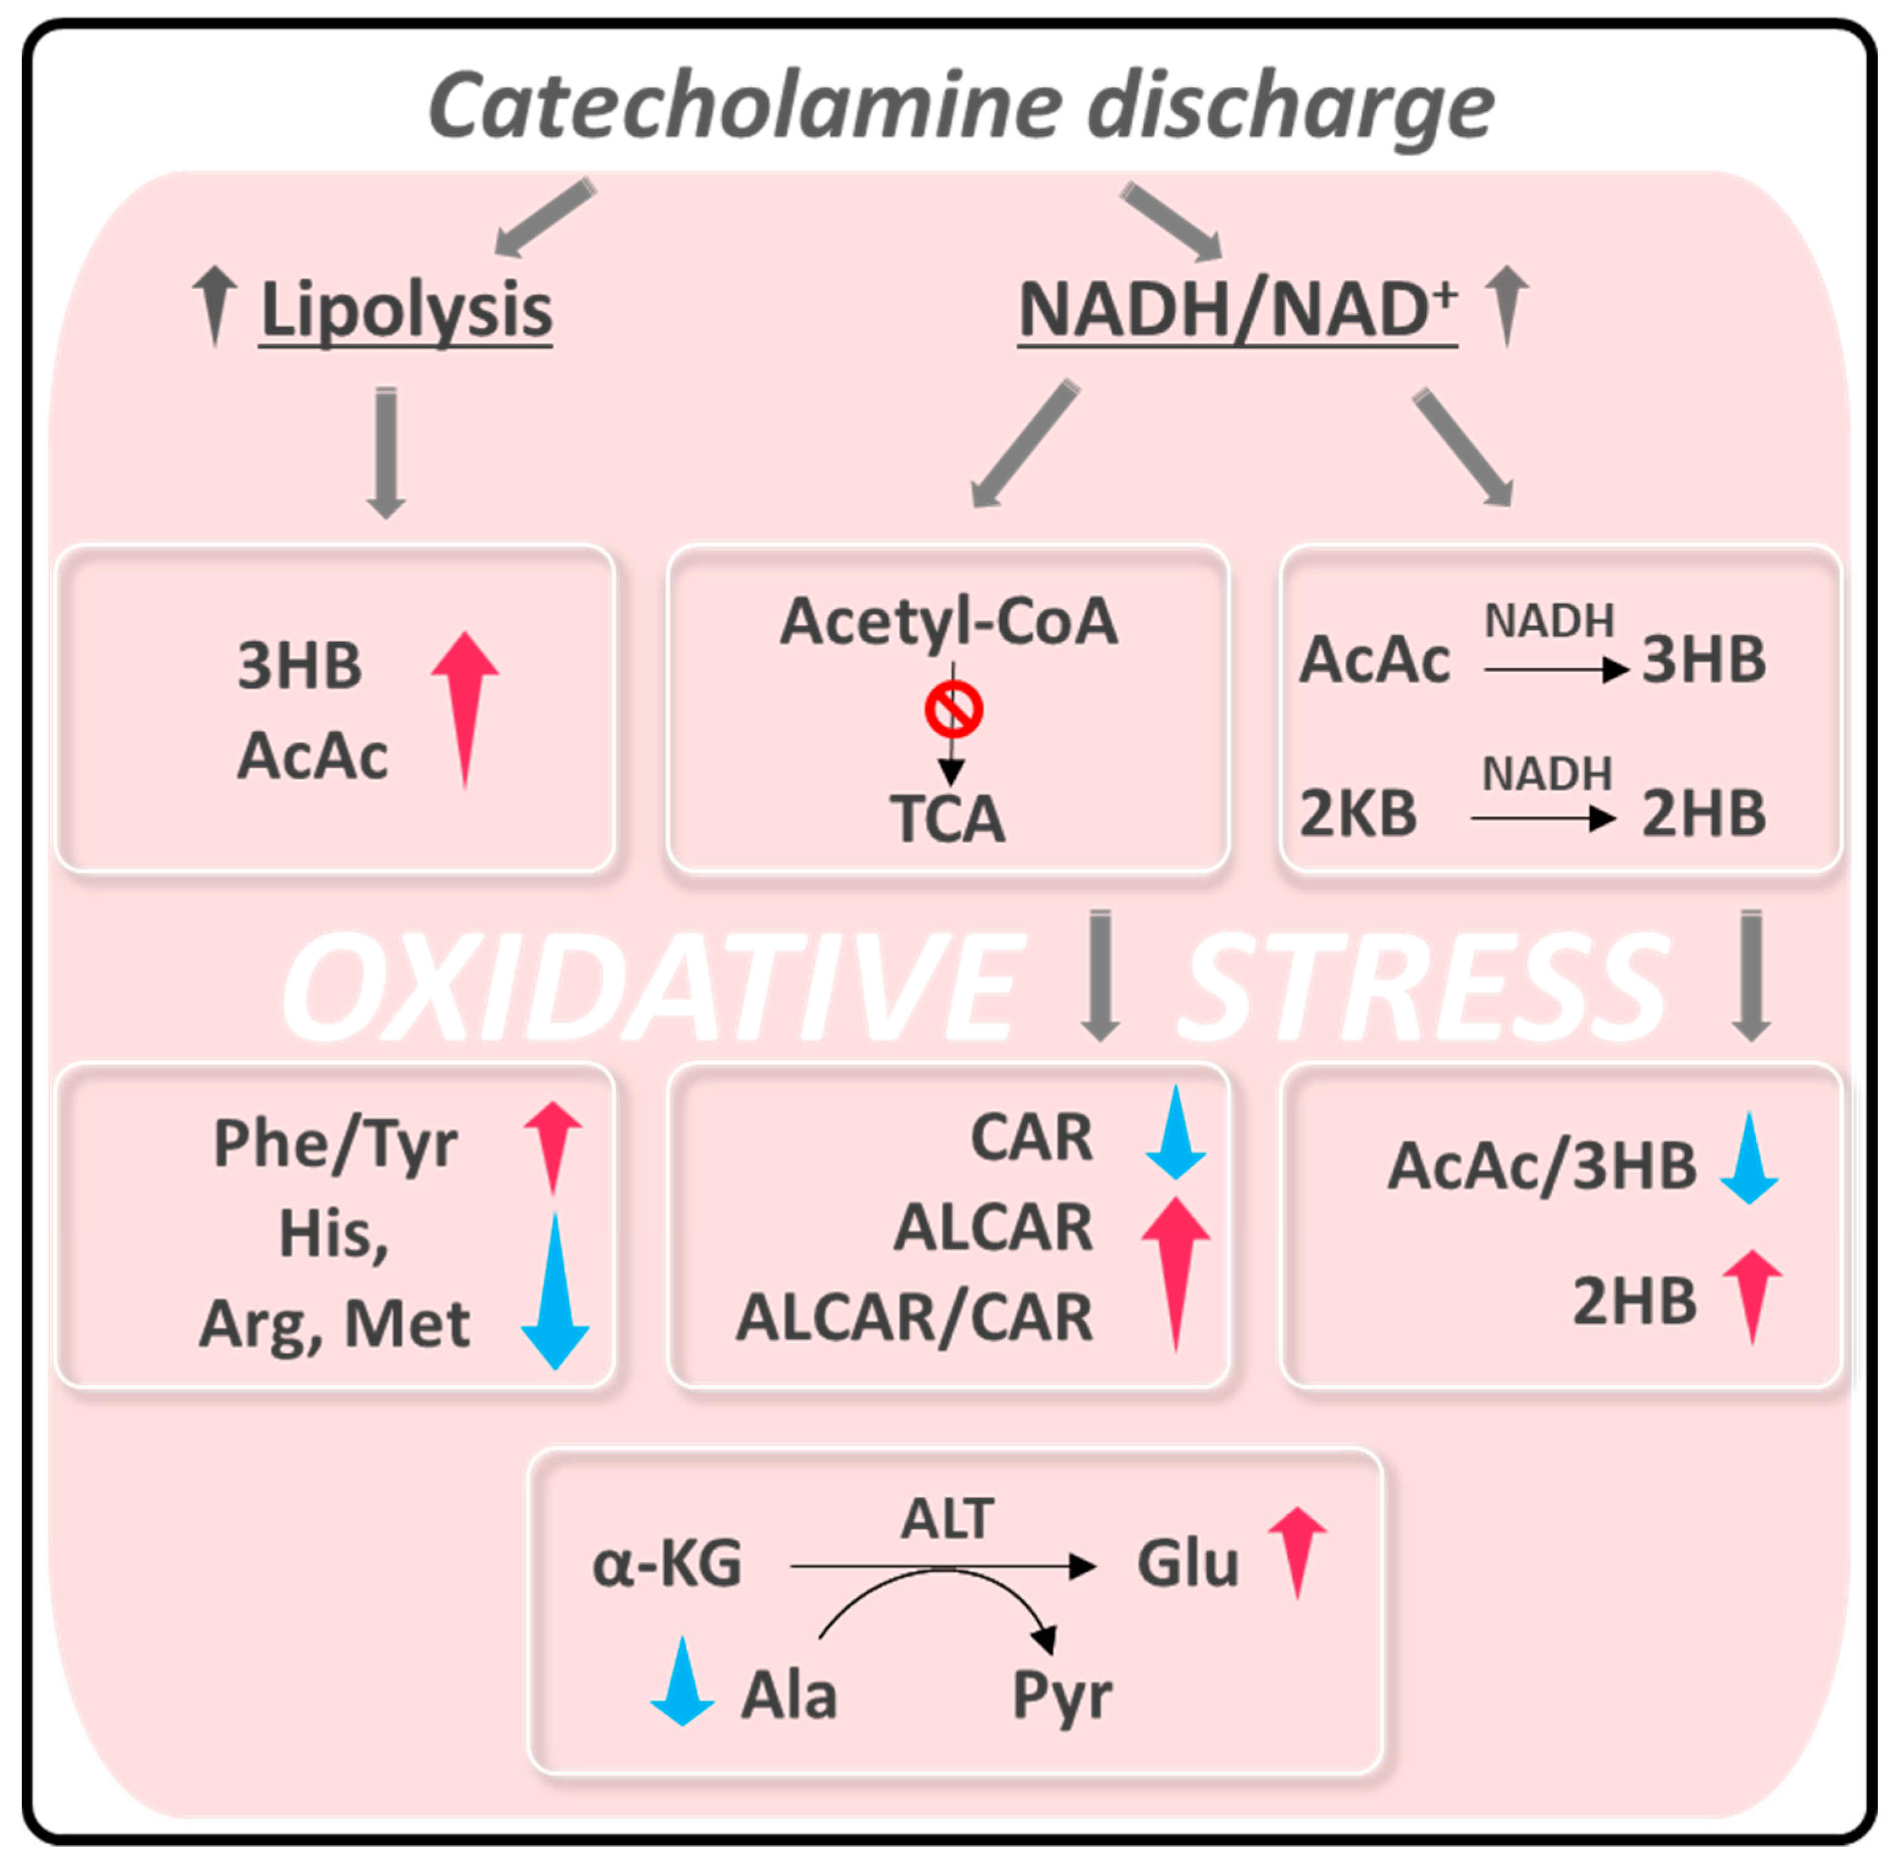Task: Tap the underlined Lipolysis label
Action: tap(406, 311)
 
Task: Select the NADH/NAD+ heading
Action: tap(1237, 311)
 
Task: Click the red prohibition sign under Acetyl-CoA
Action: tap(953, 710)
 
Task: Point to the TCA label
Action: tap(947, 819)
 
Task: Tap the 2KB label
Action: tap(1357, 814)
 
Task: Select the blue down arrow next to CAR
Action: tap(1175, 1132)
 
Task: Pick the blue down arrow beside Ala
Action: tap(682, 1682)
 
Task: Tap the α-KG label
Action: tap(668, 1564)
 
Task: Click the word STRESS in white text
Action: tap(1422, 986)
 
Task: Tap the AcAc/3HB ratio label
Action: tap(1541, 1166)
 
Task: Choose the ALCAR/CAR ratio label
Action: tap(914, 1318)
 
